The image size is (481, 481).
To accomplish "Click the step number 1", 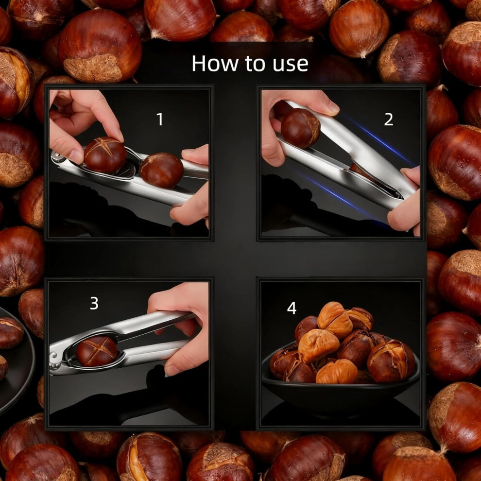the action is click(159, 119).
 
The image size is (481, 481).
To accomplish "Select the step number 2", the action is click(388, 119).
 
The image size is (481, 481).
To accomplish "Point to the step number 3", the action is click(94, 303).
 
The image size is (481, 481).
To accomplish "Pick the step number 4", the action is click(292, 308).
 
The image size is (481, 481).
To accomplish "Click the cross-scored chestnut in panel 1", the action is click(105, 155).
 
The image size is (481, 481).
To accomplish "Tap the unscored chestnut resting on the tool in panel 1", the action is click(161, 170).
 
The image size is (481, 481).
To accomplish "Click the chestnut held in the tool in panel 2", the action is click(300, 128).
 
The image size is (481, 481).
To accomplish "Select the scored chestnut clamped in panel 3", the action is click(97, 351).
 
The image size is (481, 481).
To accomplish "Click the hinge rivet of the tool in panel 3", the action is click(55, 356).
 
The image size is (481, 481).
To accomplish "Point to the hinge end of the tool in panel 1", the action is click(57, 157).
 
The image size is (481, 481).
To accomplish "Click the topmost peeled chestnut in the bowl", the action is click(334, 320).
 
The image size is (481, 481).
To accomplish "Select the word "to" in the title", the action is click(255, 64).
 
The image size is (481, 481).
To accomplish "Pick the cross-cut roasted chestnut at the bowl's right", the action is click(391, 360).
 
